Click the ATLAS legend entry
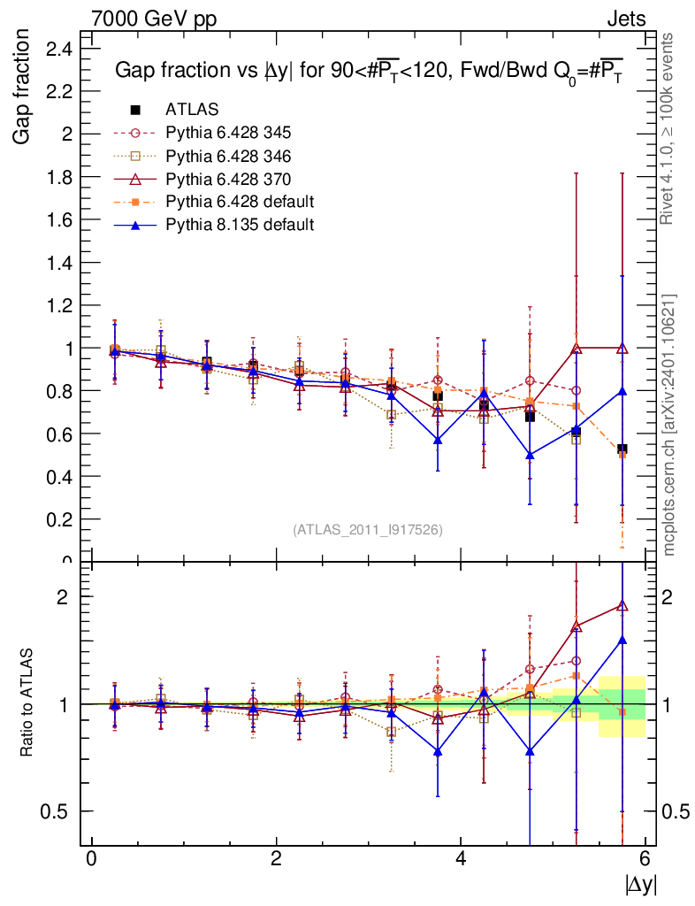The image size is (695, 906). pos(191,110)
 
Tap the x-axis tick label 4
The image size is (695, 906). pos(461,859)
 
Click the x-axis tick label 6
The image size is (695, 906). pos(645,859)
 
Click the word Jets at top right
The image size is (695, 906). pos(625,19)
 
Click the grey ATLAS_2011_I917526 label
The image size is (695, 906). pos(368,529)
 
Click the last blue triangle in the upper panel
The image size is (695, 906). pos(622,390)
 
